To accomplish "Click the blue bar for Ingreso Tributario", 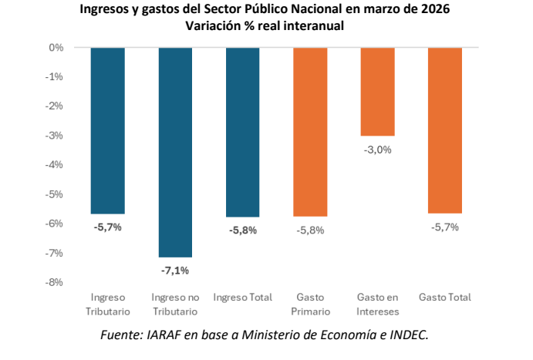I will pos(108,130).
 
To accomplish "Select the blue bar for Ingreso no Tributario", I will pos(175,151).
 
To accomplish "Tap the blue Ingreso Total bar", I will pos(242,132).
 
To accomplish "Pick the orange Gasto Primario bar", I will pos(310,131).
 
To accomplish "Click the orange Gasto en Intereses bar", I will pos(377,91).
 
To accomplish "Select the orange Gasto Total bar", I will pos(444,130).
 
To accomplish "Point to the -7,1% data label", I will pos(175,270).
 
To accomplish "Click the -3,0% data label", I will pos(377,150).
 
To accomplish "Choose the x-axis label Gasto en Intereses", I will pos(377,304).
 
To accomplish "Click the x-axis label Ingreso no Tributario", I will pos(175,304).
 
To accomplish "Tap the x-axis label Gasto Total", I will pos(444,298).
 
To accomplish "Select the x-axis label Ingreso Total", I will pos(242,298).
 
